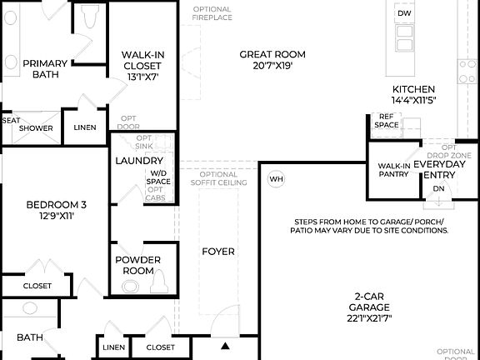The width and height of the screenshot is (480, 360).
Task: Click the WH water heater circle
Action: coord(277,179)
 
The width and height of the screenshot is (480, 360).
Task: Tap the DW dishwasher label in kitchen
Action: coord(404,14)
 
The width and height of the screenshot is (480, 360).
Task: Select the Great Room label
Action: coord(266,55)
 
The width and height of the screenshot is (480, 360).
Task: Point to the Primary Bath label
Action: coord(45,68)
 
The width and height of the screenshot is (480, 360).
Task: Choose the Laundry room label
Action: coord(138,161)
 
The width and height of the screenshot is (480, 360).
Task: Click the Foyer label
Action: coord(219,252)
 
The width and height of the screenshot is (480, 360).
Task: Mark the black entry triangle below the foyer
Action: coord(225,345)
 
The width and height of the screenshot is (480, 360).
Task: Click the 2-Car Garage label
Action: coord(368,307)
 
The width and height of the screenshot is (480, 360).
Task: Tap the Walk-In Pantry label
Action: coord(394,170)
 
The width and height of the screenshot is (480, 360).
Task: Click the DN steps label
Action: coord(439,189)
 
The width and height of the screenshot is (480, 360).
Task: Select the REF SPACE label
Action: coord(386,121)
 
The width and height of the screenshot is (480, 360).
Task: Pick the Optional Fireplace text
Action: coord(212,14)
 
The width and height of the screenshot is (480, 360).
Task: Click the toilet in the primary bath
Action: coord(90,18)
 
